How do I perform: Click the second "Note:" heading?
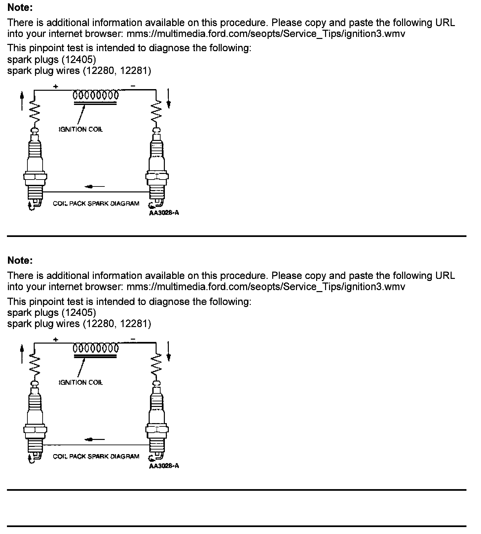coord(20,260)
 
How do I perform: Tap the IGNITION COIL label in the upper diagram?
coord(81,129)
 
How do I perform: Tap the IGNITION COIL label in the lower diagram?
coord(81,383)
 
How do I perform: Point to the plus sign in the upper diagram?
coord(56,86)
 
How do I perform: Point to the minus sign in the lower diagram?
coord(133,339)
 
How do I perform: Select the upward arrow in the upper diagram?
coord(22,101)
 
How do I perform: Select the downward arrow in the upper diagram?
coord(168,98)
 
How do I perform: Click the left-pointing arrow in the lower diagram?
coord(95,440)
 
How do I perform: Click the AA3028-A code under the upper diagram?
coord(164,213)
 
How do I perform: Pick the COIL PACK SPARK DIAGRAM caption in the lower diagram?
coord(96,456)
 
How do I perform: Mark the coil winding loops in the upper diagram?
coord(95,95)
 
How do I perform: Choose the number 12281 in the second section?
coord(135,324)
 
